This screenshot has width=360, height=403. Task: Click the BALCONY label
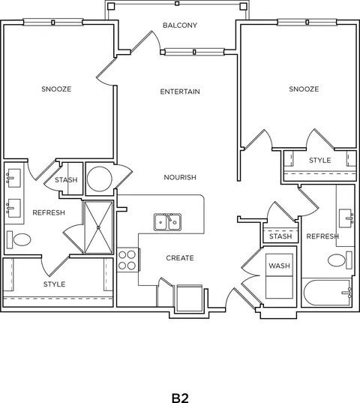click(180, 26)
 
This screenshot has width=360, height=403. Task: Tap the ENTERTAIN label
click(180, 92)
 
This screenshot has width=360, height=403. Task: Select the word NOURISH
click(180, 177)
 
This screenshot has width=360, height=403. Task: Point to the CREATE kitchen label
click(180, 258)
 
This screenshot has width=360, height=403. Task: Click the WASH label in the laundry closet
click(279, 266)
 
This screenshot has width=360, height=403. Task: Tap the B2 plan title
click(180, 398)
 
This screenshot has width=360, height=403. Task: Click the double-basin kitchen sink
click(168, 222)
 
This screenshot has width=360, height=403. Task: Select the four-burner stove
click(127, 260)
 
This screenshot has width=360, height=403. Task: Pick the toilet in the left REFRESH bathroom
click(19, 239)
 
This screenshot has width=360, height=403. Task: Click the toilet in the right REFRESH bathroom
click(340, 260)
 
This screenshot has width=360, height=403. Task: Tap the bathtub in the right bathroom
click(327, 293)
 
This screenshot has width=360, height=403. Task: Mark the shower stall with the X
click(98, 227)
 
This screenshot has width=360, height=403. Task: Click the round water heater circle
click(99, 179)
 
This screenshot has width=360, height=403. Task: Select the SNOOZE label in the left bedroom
click(56, 89)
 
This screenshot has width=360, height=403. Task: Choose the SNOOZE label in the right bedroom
click(304, 89)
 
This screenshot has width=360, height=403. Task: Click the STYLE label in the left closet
click(55, 284)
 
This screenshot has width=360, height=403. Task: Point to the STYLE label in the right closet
click(320, 160)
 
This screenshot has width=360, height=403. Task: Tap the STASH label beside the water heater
click(66, 179)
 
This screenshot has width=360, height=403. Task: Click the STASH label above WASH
click(280, 236)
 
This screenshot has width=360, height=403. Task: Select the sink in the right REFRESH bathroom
click(346, 218)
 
